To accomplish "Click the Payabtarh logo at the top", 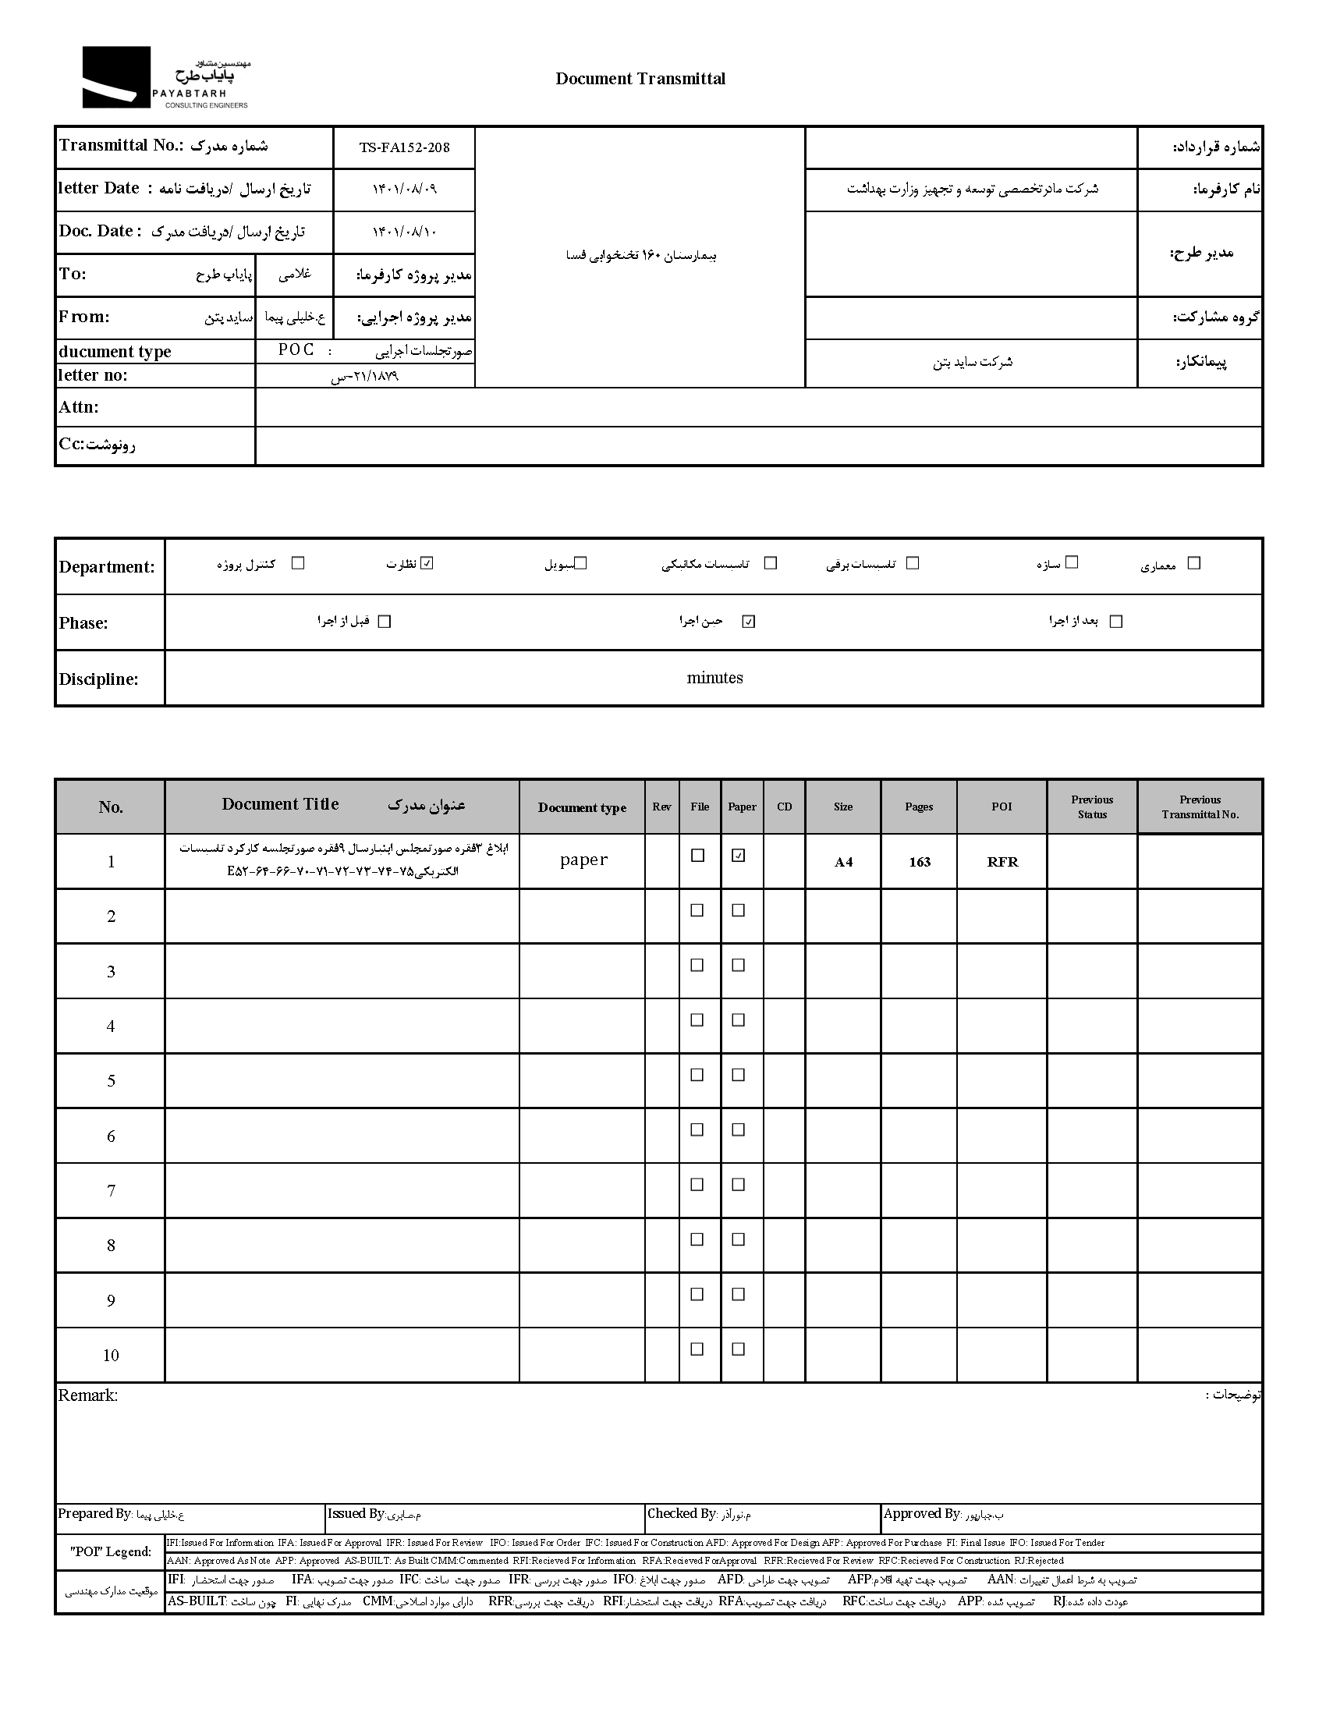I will point(165,78).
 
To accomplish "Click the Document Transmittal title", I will point(640,79).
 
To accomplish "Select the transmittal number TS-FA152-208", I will point(405,147).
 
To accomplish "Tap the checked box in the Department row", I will point(427,563).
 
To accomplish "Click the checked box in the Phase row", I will point(749,622).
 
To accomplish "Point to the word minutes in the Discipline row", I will point(714,678).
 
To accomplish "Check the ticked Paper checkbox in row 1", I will point(739,856).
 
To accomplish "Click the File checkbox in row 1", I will point(697,856).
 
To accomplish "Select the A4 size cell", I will point(843,862).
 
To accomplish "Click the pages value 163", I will point(919,862).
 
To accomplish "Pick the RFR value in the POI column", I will point(1002,862).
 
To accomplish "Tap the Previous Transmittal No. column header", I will point(1200,807).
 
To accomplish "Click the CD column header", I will point(784,807).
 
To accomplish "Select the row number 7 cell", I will point(111,1191).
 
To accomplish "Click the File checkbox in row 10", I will point(697,1350).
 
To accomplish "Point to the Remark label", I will point(88,1395).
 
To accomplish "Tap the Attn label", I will point(79,407).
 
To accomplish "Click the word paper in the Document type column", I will point(583,860).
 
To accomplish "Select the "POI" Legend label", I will point(111,1551).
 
